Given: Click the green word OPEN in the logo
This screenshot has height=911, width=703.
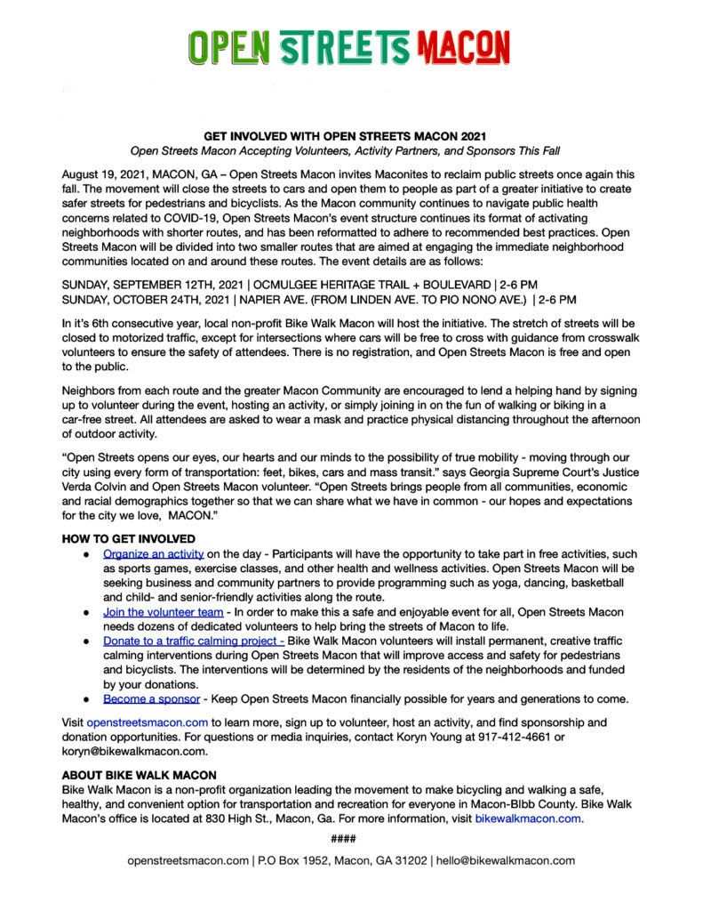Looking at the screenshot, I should pyautogui.click(x=230, y=46).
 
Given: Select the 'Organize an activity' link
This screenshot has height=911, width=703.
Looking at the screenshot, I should pyautogui.click(x=154, y=553).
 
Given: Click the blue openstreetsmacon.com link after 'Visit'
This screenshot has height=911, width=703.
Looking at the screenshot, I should pyautogui.click(x=148, y=722).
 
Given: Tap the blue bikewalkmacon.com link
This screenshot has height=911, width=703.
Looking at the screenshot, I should pyautogui.click(x=528, y=818).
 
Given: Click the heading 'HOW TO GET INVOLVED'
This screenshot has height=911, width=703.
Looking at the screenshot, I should pyautogui.click(x=129, y=539).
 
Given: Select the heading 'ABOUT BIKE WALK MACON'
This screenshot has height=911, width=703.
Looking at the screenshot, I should pyautogui.click(x=139, y=776).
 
